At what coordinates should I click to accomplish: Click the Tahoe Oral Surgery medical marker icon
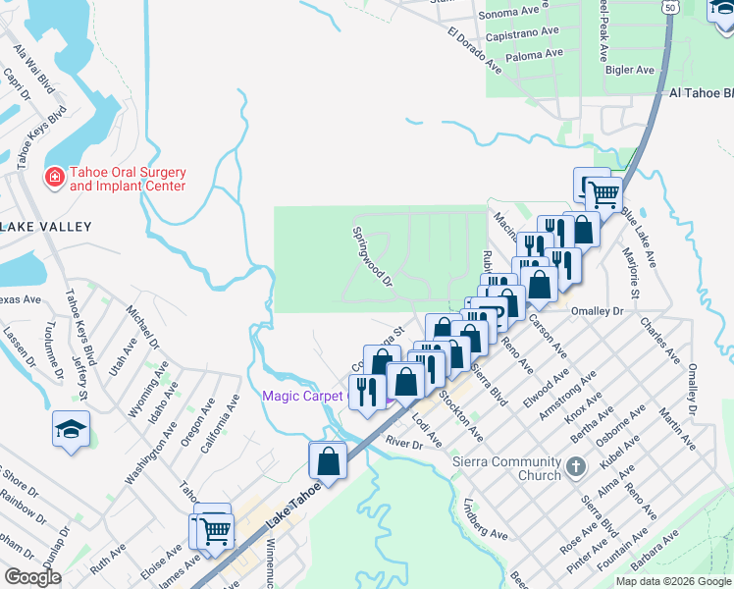click(56, 177)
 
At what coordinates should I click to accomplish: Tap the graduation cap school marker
click(72, 429)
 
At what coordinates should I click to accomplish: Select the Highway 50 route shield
click(669, 7)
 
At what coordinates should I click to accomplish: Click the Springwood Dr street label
click(373, 257)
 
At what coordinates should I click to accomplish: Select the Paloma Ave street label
click(534, 54)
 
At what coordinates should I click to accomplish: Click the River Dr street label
click(403, 444)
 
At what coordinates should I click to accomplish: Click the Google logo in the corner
click(32, 577)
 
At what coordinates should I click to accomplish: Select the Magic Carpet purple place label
click(304, 396)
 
